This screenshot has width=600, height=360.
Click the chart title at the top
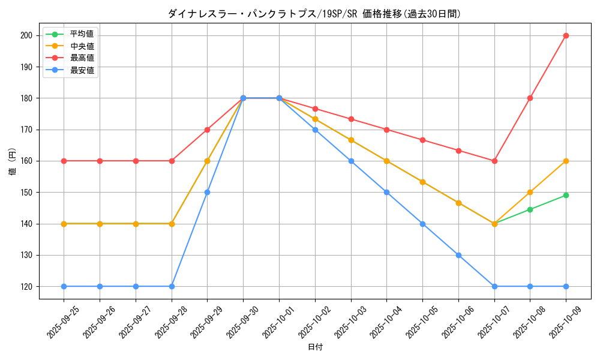pos(314,14)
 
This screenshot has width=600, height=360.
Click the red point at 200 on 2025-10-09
pos(566,35)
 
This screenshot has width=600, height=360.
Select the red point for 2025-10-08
pos(530,98)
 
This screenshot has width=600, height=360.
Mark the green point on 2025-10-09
pos(566,195)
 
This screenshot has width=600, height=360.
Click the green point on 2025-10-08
pos(530,209)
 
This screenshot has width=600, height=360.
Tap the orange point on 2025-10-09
pos(566,161)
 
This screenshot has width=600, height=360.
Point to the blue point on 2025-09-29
pos(207,192)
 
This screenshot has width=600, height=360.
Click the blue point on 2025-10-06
pos(458,255)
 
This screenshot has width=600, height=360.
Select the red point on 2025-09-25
pos(64,161)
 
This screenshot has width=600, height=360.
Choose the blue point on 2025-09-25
pos(64,286)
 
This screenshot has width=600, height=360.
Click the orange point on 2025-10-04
pos(386,161)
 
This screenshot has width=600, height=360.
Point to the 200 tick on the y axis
pos(26,35)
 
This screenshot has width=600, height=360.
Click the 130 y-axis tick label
pos(26,255)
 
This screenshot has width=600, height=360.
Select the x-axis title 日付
pos(314,347)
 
